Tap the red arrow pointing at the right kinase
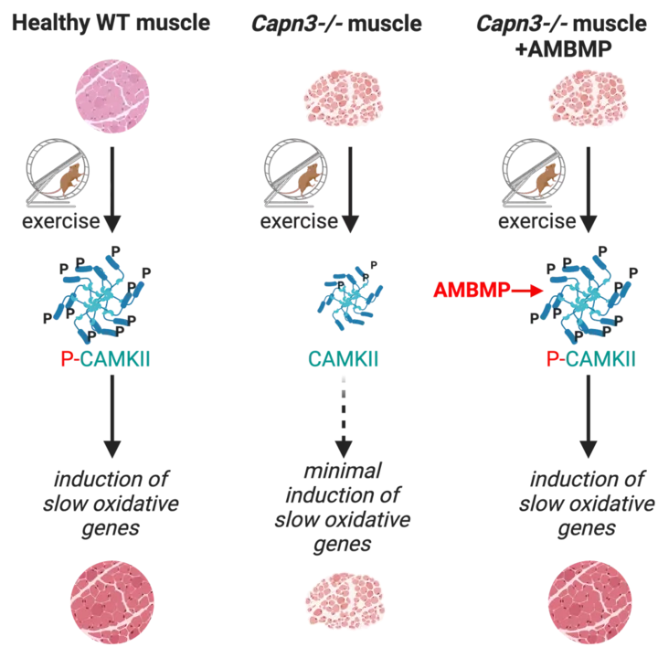(524, 291)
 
